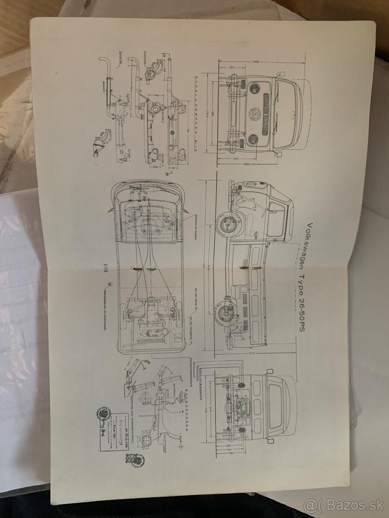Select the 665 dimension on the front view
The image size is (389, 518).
pyautogui.click(x=232, y=67)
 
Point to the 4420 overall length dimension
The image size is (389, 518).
pyautogui.click(x=204, y=267)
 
